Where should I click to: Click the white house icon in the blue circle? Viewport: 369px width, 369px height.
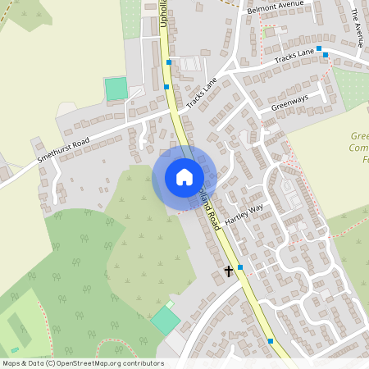click(x=184, y=176)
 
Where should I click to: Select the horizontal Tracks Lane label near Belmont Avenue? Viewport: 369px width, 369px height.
click(x=294, y=57)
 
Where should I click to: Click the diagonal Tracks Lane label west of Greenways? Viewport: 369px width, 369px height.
click(x=200, y=95)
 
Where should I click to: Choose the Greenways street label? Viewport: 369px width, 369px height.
click(x=289, y=102)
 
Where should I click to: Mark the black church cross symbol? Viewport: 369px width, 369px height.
click(x=230, y=271)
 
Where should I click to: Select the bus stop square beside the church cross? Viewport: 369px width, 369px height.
click(x=240, y=267)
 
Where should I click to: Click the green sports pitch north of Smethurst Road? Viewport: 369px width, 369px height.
click(x=116, y=88)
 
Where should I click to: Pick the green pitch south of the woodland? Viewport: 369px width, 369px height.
click(x=166, y=320)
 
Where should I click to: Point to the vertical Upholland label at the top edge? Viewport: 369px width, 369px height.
click(x=164, y=12)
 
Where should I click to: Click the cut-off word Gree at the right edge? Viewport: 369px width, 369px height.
click(x=358, y=136)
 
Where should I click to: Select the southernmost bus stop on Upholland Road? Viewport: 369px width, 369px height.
click(x=270, y=340)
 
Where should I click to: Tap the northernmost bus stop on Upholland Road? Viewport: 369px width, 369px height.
click(x=169, y=61)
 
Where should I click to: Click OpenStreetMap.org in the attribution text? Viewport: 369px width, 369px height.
click(x=86, y=362)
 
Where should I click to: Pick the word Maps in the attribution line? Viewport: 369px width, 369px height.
click(x=11, y=362)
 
